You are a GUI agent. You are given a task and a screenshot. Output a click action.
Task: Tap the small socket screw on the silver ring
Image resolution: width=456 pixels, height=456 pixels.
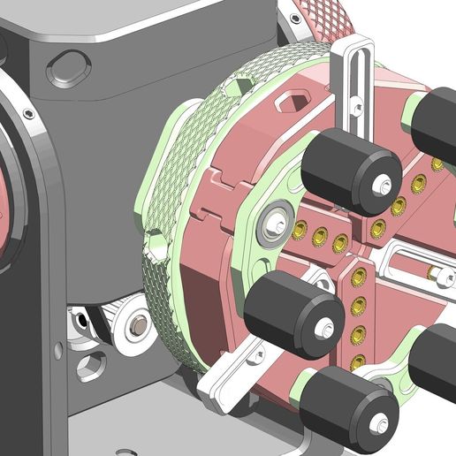tap(29, 114)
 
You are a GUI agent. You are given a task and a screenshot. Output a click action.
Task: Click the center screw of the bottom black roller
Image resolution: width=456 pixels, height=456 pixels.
tap(381, 427)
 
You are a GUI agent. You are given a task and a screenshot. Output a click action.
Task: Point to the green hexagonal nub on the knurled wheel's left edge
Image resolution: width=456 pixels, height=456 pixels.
tap(153, 247)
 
